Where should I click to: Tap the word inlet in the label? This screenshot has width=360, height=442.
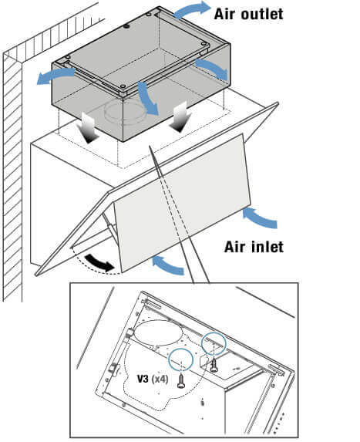pos(266,247)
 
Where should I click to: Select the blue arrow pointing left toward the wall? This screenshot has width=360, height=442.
pos(56,76)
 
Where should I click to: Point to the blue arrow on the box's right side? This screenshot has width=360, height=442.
pos(212,68)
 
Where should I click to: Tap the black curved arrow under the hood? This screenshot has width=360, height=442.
pos(99,263)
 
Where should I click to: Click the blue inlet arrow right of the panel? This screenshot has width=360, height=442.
pos(260,218)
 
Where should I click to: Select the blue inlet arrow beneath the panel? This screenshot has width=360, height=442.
pos(168,265)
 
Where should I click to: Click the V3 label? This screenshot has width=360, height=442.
pos(143,379)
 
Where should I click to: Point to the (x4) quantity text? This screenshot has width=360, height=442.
pos(160,379)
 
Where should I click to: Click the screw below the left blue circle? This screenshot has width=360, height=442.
pos(181,380)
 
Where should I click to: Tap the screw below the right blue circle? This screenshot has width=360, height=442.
pos(214,365)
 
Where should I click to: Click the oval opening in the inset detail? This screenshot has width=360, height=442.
pos(159,334)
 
